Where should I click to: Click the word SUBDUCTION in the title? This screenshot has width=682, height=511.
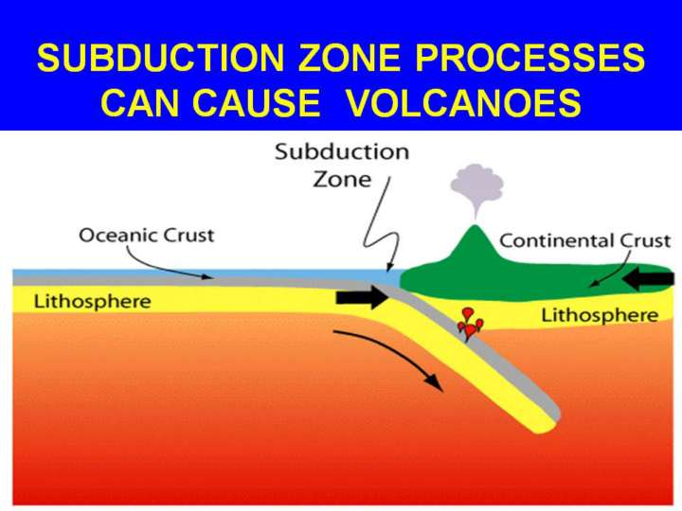[160, 58]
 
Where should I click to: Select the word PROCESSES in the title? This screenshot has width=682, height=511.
[529, 58]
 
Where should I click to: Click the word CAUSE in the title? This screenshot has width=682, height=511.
[256, 102]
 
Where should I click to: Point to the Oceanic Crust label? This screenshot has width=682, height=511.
[147, 236]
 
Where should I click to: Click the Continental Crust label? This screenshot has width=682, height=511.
[585, 240]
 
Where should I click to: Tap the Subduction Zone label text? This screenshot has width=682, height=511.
[342, 165]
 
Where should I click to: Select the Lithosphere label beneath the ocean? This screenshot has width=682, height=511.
[92, 302]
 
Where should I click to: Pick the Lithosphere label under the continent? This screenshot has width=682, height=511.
[600, 315]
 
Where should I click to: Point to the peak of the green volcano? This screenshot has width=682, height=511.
[476, 226]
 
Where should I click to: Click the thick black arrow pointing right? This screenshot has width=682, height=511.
[362, 297]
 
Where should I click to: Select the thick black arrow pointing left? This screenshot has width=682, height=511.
[648, 278]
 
